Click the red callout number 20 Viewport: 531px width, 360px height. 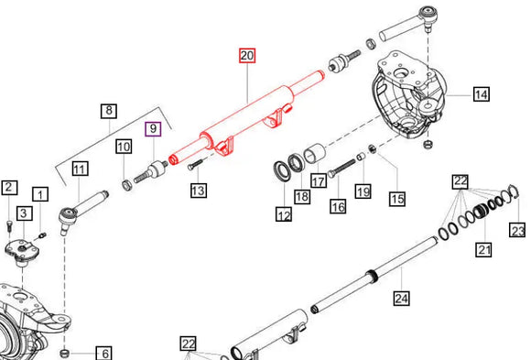pos(247,56)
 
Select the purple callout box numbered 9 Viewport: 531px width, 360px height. pos(153,129)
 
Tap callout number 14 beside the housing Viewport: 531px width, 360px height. pos(482,94)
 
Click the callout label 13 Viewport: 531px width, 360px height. pos(199,191)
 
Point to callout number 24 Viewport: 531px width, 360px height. pos(402,299)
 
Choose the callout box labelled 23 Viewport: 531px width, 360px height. pos(517,230)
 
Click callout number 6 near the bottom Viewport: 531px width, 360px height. pos(104,354)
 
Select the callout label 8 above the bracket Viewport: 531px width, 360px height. pos(109,111)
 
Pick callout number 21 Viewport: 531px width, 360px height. pos(483,249)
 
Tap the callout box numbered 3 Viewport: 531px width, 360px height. pos(25,213)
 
